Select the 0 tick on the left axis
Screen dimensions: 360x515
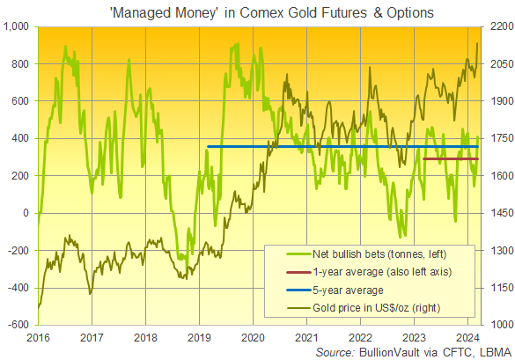coord(28,213)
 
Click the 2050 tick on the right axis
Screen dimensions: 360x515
coord(497,64)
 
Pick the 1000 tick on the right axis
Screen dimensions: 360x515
coord(497,325)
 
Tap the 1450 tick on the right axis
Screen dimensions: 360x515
coord(497,213)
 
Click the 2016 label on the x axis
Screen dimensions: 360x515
coord(38,337)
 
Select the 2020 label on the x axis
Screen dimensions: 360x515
coord(253,337)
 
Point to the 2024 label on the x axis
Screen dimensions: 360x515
coord(467,337)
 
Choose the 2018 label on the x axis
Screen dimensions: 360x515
coord(145,337)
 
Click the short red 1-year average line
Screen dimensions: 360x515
coord(451,159)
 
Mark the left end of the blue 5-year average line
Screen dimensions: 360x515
coord(208,147)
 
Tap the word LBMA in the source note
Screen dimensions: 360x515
coord(493,351)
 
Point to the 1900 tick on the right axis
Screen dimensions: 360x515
coord(497,101)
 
